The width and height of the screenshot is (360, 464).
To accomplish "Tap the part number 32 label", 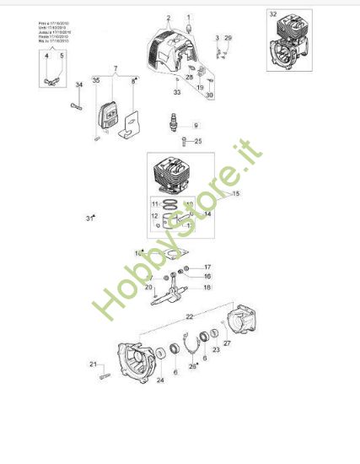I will (272, 15).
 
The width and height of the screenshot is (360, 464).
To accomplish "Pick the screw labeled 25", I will (182, 140).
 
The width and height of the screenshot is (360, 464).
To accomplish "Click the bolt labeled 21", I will (103, 376).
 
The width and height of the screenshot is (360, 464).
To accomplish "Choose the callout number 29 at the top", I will (228, 39).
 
